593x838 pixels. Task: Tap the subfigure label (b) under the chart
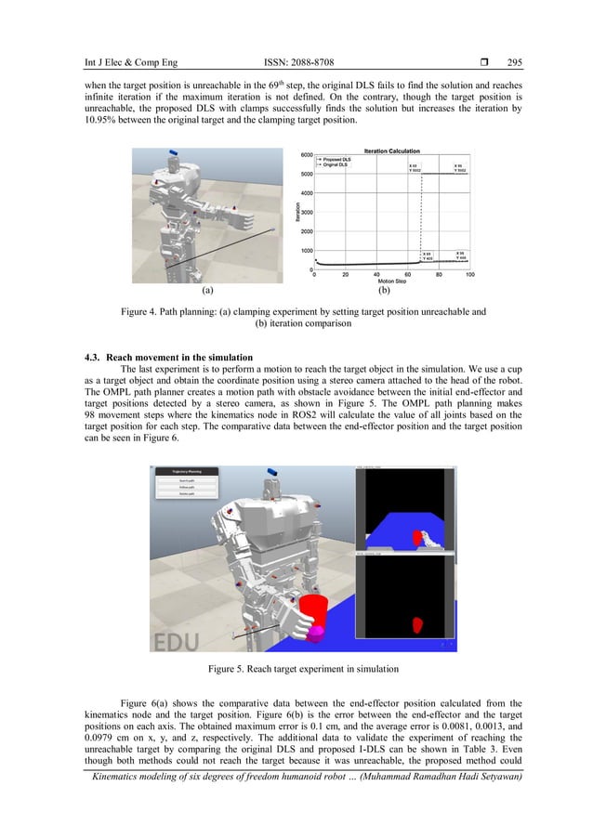pyautogui.click(x=389, y=289)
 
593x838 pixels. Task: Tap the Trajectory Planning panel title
pyautogui.click(x=187, y=472)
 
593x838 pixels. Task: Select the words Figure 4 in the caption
pyautogui.click(x=144, y=313)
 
